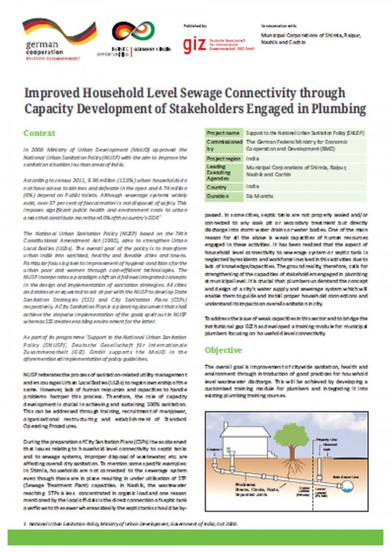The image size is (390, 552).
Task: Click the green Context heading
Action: click(39, 133)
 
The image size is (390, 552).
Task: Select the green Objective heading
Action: click(223, 350)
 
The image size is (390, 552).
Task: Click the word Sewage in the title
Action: click(181, 93)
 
